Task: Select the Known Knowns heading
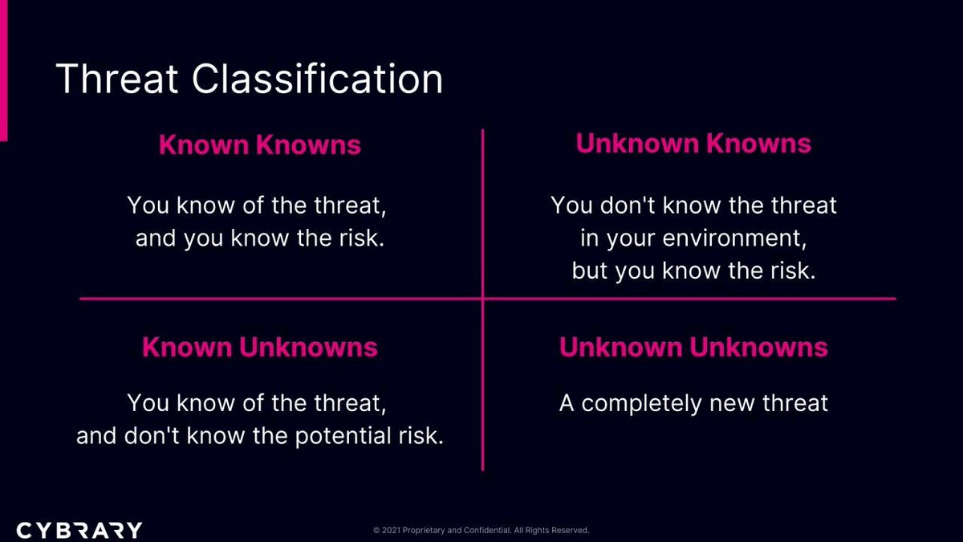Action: point(259,145)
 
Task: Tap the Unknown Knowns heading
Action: point(693,144)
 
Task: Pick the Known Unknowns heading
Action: point(259,348)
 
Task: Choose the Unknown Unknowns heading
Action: point(693,347)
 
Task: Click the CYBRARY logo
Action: point(79,530)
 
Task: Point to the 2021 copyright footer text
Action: point(481,531)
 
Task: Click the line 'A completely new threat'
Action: point(693,402)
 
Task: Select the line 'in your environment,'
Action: point(693,238)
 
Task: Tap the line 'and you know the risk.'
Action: point(260,239)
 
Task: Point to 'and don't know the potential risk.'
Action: point(260,436)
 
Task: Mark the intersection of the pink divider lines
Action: point(482,300)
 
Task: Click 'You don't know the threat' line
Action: point(693,206)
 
